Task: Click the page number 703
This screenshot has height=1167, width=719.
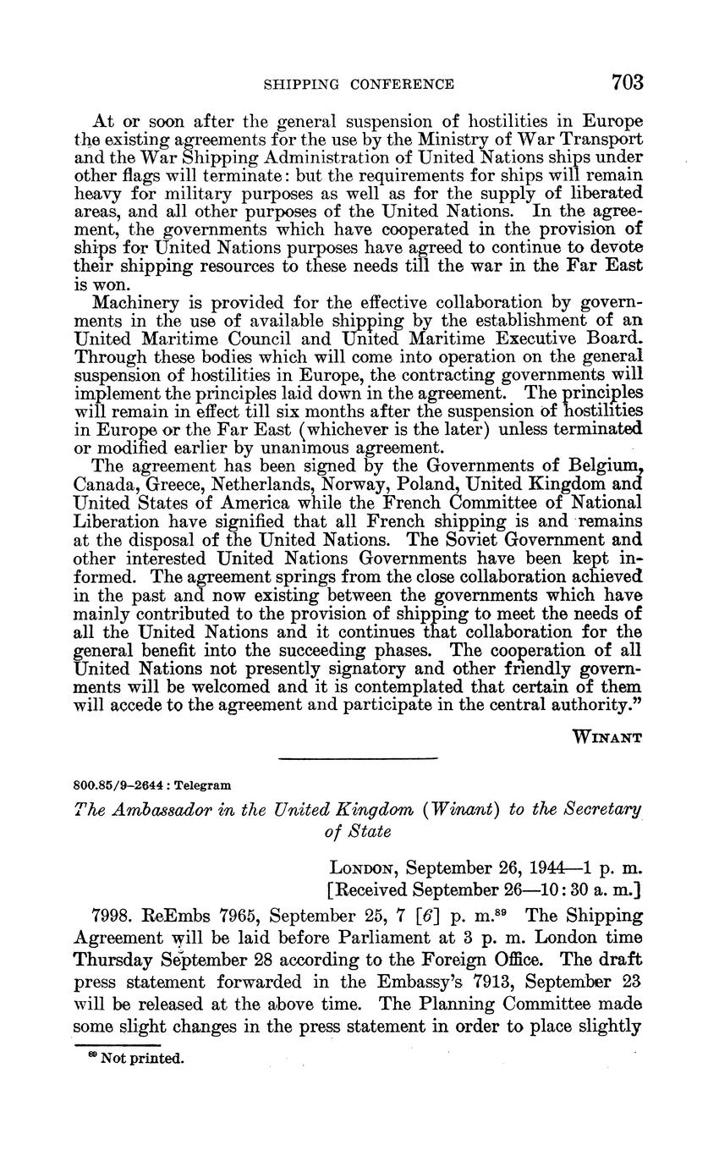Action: pos(625,82)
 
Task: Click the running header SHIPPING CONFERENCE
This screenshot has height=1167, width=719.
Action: pos(359,84)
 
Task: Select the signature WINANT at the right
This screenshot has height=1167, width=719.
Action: pos(607,736)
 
